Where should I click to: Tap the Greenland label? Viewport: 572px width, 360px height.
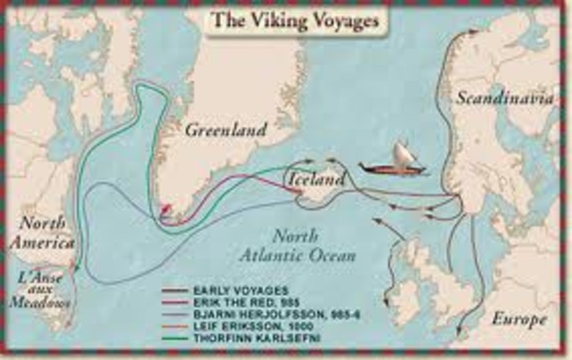pyautogui.click(x=226, y=130)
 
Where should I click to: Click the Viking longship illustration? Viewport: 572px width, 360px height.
pyautogui.click(x=392, y=163)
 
